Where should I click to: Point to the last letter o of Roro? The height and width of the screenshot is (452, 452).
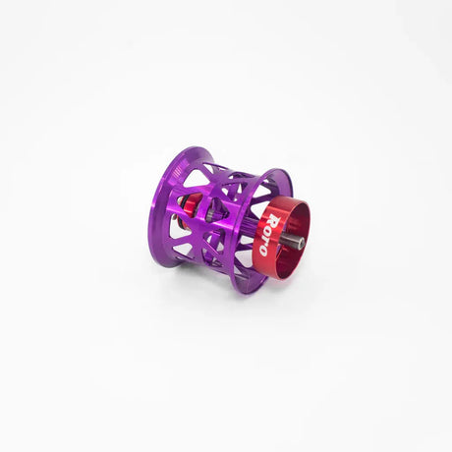[x=262, y=252]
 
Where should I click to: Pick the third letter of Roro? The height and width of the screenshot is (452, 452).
[x=266, y=240]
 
